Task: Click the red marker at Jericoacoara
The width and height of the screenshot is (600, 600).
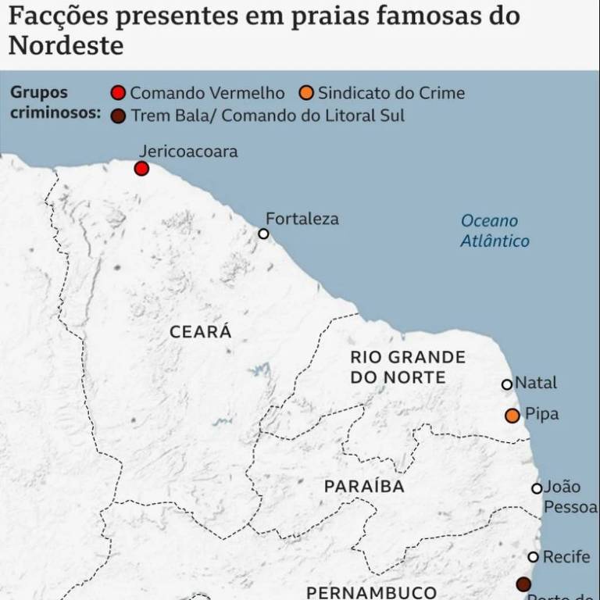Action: point(141,168)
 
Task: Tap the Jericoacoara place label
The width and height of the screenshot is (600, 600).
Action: point(187,151)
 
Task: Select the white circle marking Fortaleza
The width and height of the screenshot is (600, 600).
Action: point(263,233)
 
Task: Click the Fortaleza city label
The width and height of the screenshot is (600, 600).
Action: point(302,218)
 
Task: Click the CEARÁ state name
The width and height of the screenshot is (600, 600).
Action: point(201,331)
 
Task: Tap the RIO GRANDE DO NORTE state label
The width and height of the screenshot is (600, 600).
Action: point(407,367)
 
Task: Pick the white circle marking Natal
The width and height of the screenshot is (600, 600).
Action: point(506,384)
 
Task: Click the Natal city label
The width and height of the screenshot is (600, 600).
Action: point(536,383)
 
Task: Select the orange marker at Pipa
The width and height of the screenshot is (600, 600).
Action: point(512,416)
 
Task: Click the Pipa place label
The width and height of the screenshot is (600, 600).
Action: point(542,414)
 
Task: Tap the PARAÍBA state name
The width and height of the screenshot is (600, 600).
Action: point(364,487)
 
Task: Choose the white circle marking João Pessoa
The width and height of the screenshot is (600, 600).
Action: point(537,488)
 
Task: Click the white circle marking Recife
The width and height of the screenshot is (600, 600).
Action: point(534,557)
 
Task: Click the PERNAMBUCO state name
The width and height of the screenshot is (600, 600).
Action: point(371,591)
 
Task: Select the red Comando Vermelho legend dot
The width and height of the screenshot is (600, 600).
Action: point(118,94)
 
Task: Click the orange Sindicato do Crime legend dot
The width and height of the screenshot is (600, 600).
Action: point(306,94)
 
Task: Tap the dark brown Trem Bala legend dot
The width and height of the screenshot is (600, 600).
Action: point(118,116)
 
